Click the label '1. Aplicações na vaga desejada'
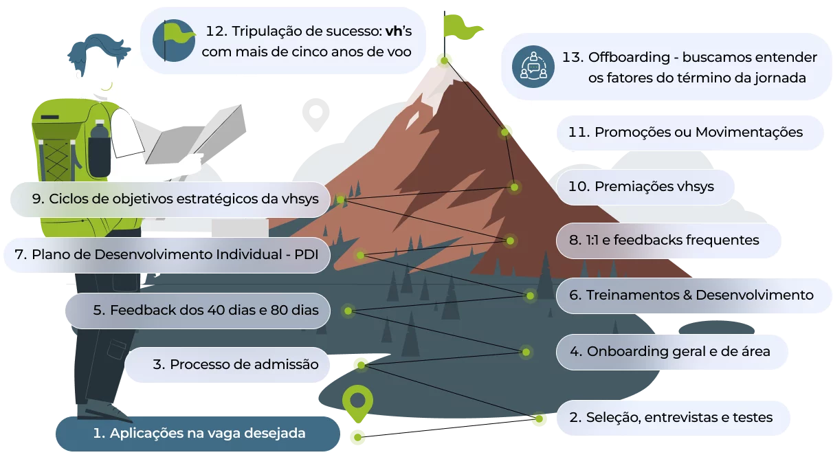pos(199,433)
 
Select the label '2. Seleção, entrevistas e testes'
pos(671,418)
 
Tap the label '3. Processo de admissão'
pos(235,364)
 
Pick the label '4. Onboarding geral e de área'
pos(669,351)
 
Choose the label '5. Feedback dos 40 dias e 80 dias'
pos(206,310)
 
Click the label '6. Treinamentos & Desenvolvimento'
pos(691,295)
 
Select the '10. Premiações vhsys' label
pos(641,186)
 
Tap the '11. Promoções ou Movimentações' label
pos(685,133)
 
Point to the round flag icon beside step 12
pos(174,40)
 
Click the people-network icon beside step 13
pos(533,67)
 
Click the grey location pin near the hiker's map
pos(315,114)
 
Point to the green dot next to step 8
pos(510,241)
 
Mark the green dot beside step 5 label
pos(348,311)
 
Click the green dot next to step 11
pos(504,132)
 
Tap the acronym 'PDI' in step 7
pos(307,255)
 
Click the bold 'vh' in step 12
pos(394,31)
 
